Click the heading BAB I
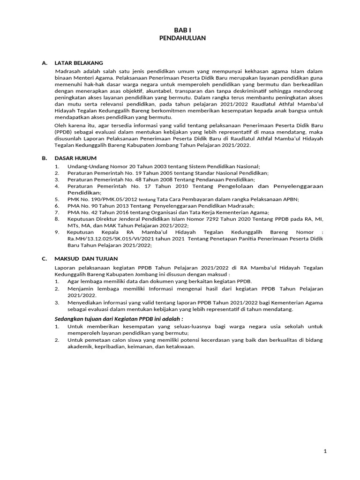tap(180, 30)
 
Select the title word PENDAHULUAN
tap(180, 37)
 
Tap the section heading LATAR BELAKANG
tap(78, 63)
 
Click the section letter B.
tap(44, 158)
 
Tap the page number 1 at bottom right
tap(325, 451)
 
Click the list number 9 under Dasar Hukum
tap(57, 232)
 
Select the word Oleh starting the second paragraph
tap(61, 126)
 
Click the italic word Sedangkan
tap(71, 319)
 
